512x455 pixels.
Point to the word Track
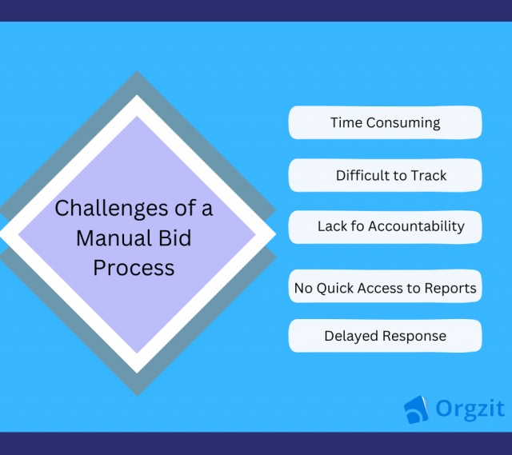pyautogui.click(x=429, y=175)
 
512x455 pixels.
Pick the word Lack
pyautogui.click(x=333, y=226)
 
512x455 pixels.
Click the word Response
pyautogui.click(x=414, y=336)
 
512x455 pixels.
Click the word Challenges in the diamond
pyautogui.click(x=100, y=210)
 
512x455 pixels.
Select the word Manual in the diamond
pyautogui.click(x=112, y=238)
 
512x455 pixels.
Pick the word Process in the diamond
pyautogui.click(x=134, y=267)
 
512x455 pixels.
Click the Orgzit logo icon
pyautogui.click(x=416, y=409)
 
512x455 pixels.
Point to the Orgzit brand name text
pyautogui.click(x=470, y=409)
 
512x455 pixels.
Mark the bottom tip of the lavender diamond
pyautogui.click(x=137, y=353)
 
